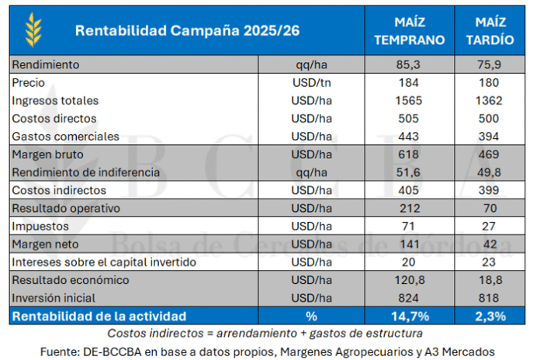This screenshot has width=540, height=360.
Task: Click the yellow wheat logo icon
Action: [33, 29]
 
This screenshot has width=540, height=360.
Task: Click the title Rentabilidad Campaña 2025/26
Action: [187, 30]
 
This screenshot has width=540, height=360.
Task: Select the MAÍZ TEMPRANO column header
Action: [409, 30]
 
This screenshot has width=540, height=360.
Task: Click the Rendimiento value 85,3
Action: [409, 64]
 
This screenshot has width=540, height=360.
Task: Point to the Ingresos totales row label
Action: [55, 100]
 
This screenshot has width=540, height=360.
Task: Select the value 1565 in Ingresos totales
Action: [409, 100]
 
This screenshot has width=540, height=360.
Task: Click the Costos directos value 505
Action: [409, 118]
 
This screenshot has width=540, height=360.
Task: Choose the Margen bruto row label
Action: [46, 154]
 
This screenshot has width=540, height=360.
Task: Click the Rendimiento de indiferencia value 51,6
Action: [409, 172]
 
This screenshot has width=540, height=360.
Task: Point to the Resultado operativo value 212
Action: [409, 208]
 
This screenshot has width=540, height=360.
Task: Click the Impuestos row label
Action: [41, 226]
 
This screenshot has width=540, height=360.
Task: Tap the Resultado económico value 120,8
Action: [409, 279]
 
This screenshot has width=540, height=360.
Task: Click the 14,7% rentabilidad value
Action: [409, 316]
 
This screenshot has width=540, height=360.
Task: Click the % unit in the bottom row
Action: [312, 316]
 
